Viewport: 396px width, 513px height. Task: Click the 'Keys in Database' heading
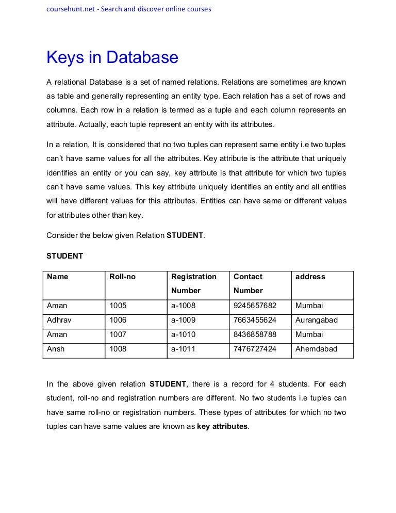[x=112, y=57]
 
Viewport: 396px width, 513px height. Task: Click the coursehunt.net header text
[x=128, y=9]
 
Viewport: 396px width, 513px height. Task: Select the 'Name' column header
[x=57, y=277]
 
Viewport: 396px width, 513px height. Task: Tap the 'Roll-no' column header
[x=122, y=277]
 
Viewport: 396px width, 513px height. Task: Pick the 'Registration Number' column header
[x=193, y=283]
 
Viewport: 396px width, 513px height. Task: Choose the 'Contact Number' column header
[x=248, y=283]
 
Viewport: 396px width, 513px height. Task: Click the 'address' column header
[x=310, y=277]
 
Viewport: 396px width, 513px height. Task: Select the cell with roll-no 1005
[x=118, y=306]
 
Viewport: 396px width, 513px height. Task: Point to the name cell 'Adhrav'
[x=59, y=320]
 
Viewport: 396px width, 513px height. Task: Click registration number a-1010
[x=183, y=334]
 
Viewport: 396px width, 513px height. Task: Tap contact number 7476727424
[x=255, y=349]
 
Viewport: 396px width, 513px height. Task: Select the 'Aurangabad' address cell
[x=316, y=320]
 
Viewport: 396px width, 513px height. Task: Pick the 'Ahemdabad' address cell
[x=316, y=349]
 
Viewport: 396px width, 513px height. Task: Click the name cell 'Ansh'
[x=56, y=349]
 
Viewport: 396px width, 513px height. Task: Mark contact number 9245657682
[x=255, y=306]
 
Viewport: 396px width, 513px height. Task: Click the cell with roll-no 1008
[x=118, y=349]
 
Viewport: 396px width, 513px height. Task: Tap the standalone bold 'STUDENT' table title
[x=64, y=256]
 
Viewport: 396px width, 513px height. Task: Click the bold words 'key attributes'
[x=222, y=427]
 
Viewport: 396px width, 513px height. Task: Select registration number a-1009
[x=183, y=320]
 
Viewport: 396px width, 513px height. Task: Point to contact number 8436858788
[x=255, y=334]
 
